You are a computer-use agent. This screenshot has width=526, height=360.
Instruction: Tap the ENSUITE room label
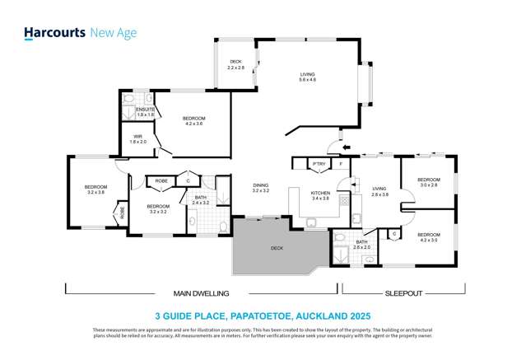[146, 112]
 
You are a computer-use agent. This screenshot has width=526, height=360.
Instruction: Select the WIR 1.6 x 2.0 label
[137, 140]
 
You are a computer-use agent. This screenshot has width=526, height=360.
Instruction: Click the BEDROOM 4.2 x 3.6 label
[194, 121]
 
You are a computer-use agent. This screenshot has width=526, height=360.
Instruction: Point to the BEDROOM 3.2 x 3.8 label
[95, 189]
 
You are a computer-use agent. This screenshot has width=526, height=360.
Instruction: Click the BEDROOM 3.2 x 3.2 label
[158, 208]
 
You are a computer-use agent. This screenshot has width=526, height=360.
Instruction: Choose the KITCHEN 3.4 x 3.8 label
[320, 196]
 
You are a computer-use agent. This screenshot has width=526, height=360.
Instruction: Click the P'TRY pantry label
[319, 164]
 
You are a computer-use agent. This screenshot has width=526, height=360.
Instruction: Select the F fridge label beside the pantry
[340, 164]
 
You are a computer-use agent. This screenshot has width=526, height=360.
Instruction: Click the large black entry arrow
[346, 148]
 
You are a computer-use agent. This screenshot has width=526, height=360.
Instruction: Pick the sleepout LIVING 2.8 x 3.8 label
[379, 190]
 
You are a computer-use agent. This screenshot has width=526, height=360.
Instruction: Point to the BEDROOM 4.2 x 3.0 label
[428, 237]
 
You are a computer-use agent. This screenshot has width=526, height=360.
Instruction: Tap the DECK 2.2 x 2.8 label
[236, 64]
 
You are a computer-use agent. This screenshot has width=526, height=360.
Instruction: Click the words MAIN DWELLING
[201, 292]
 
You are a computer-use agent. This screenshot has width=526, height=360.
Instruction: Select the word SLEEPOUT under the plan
[403, 292]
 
